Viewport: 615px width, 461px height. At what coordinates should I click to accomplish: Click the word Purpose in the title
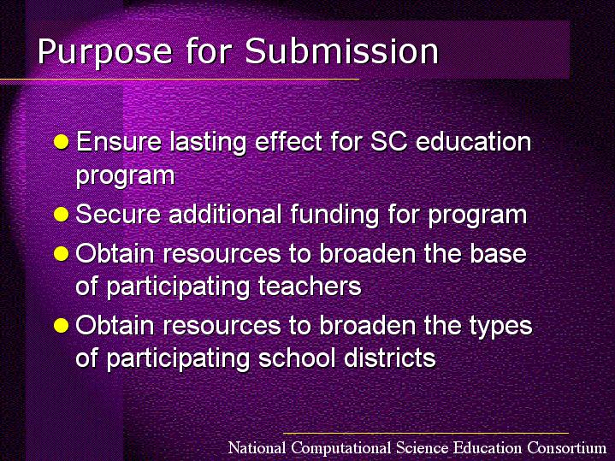(104, 51)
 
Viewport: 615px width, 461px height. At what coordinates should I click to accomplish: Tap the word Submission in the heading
(341, 51)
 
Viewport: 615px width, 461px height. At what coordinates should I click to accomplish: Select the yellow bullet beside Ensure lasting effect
(62, 142)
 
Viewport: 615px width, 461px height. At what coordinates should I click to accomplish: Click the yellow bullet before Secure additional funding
(62, 214)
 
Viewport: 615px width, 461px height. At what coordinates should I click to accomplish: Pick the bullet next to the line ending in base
(62, 254)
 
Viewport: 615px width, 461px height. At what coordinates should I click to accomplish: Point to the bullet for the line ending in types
(62, 325)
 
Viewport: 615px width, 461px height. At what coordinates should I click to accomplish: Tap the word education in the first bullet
(473, 141)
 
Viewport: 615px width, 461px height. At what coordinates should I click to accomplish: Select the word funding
(335, 215)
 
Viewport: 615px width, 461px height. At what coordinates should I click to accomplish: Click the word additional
(225, 214)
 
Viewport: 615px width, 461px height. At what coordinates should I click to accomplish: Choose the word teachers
(310, 286)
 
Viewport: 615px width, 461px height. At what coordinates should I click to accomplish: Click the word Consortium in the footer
(566, 447)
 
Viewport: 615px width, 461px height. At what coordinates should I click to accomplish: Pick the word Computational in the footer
(341, 448)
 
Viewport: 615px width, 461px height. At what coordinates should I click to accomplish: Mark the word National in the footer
(257, 447)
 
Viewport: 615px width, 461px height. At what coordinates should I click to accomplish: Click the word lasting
(208, 143)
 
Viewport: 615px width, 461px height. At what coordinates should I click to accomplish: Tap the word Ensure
(118, 142)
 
